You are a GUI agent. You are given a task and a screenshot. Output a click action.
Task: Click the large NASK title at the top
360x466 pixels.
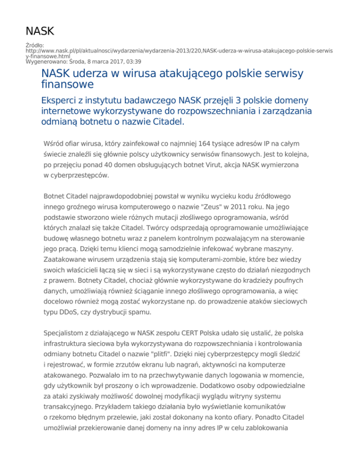40,31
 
